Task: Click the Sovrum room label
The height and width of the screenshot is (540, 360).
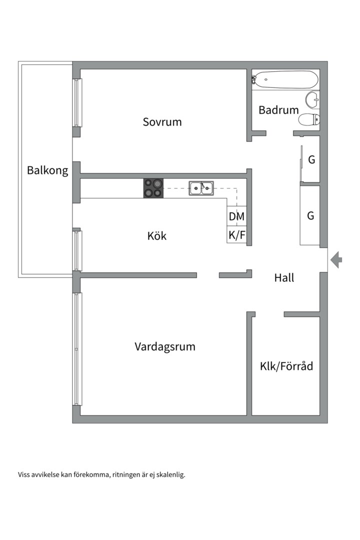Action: [x=162, y=122]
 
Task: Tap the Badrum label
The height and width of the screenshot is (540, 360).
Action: [x=278, y=110]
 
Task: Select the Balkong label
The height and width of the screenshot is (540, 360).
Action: [x=47, y=170]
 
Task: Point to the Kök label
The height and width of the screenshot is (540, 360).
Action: [x=156, y=236]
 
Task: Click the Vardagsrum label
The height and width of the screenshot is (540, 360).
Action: [x=165, y=346]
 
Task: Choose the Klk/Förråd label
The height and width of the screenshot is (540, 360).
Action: [x=286, y=365]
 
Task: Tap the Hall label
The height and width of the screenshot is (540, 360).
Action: [x=284, y=277]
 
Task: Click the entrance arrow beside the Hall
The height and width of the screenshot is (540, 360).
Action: [x=336, y=259]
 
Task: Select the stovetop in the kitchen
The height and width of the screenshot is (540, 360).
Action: [x=153, y=188]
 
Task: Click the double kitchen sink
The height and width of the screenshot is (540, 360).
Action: [x=201, y=188]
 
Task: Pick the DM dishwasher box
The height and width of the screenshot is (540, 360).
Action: [x=236, y=216]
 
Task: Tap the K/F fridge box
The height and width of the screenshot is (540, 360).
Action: [x=236, y=235]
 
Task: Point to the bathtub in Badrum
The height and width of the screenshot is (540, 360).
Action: [x=285, y=80]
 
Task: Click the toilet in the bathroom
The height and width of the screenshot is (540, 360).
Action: [x=309, y=120]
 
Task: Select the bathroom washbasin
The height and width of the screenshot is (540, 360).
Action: [x=312, y=100]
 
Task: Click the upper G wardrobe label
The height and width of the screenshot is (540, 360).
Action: [x=311, y=159]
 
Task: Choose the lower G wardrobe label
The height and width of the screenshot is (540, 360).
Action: [x=310, y=215]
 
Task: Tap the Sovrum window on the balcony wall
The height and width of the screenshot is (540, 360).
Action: [x=77, y=102]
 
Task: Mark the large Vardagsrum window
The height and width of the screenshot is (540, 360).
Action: [x=77, y=349]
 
